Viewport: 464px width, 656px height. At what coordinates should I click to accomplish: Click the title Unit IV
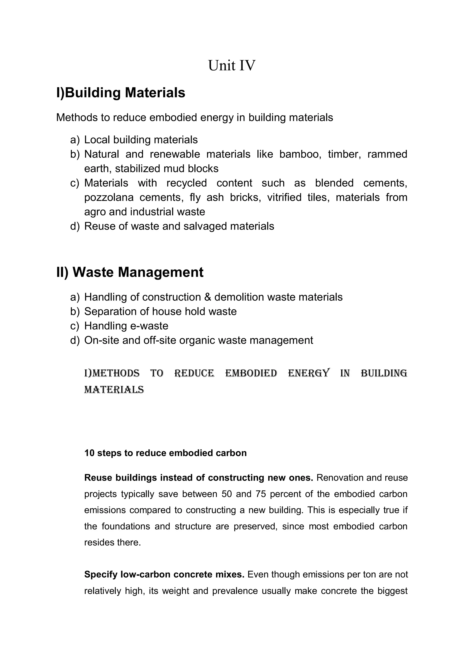232,66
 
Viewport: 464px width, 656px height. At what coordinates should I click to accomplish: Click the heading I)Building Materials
121,93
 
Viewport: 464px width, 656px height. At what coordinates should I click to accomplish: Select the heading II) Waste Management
130,272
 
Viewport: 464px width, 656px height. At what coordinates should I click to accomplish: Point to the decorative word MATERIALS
114,390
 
